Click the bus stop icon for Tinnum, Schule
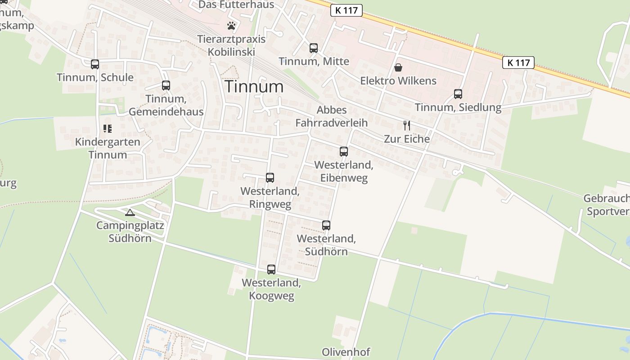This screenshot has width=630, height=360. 94,64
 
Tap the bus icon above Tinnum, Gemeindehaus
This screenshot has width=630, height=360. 166,85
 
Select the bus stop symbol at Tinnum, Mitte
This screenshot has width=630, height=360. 314,48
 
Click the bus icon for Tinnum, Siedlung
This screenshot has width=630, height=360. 458,94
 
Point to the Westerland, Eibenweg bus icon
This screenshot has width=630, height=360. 344,152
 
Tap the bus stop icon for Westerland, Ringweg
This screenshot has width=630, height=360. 270,178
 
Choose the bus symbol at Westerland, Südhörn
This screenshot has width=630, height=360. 326,225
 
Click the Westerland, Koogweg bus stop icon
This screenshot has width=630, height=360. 271,270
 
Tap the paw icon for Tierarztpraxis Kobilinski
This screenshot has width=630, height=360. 231,26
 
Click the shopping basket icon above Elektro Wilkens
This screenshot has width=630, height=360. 398,68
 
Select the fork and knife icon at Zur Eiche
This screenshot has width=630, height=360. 407,126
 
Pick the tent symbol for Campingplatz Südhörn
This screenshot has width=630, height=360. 130,212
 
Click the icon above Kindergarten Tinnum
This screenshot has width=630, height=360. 108,129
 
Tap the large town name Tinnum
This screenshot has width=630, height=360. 254,86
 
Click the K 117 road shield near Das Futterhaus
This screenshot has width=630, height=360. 346,10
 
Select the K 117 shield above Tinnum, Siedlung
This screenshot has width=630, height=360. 518,63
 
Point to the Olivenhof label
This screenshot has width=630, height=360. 346,352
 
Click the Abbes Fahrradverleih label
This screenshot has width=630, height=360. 332,116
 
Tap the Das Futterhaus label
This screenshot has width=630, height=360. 236,5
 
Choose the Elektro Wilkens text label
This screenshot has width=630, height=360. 398,81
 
